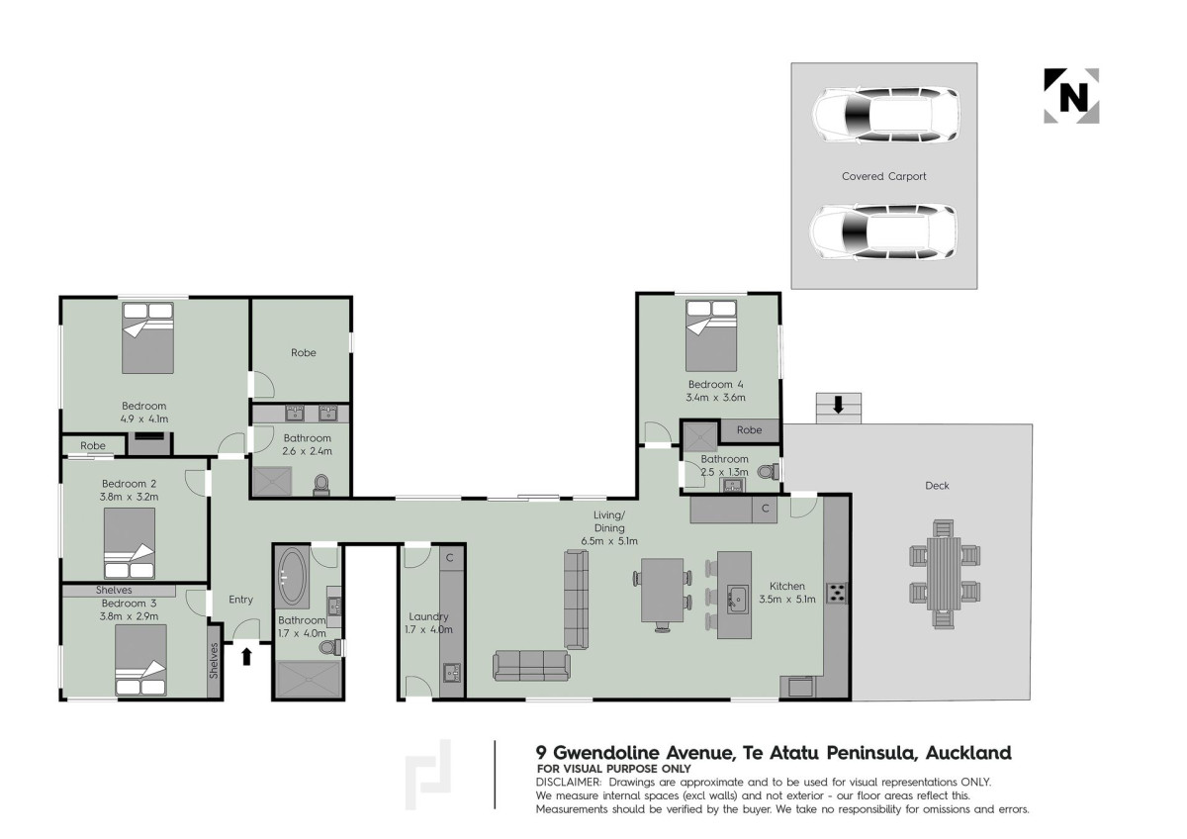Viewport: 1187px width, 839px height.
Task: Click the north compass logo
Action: coord(1071,96)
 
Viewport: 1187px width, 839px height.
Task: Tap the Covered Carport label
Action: coord(884,176)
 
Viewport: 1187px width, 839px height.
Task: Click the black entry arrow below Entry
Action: coord(246,656)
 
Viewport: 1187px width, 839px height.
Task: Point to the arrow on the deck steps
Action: coord(838,406)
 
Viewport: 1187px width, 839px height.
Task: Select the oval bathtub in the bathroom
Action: coord(293,577)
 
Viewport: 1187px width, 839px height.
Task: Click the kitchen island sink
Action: coord(737,600)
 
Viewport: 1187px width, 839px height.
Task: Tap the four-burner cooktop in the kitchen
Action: coord(837,593)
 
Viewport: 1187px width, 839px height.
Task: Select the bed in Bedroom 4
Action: coord(710,335)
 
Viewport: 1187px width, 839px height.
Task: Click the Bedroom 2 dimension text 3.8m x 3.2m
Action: coord(130,497)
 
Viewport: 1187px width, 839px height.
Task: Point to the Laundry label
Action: coord(428,617)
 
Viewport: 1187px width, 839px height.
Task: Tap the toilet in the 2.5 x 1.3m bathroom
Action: coord(769,471)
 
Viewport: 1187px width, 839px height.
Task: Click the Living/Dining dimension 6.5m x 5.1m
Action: coord(609,541)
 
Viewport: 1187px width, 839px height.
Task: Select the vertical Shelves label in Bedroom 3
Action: coord(214,660)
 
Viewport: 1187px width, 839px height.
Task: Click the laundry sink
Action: coord(452,673)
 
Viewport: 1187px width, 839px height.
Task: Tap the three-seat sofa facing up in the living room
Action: coord(531,665)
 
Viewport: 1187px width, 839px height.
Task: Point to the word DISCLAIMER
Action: coord(569,783)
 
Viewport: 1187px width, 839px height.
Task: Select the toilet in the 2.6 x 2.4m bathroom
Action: coord(321,485)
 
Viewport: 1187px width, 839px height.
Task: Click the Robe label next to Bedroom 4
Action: coord(750,430)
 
